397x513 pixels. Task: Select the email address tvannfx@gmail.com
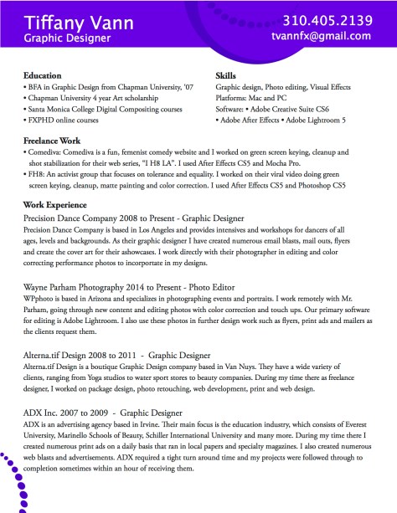click(321, 37)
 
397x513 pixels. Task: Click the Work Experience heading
click(55, 203)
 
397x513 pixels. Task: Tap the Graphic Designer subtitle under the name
click(67, 38)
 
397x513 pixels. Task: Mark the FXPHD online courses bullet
click(64, 121)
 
